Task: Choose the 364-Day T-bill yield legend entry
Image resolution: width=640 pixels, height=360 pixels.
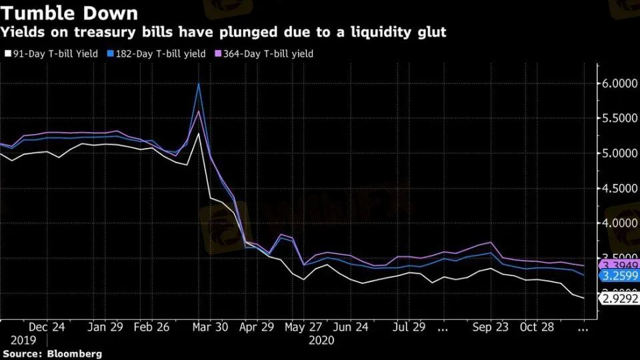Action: click(265, 53)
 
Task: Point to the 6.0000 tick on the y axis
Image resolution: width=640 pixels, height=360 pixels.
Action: click(619, 84)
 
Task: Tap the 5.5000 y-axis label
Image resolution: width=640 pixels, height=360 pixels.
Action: click(619, 119)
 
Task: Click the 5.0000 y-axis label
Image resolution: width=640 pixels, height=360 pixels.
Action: click(619, 153)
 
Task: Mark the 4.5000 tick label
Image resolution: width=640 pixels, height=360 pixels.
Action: click(619, 189)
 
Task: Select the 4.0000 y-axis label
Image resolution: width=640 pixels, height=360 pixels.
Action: click(619, 223)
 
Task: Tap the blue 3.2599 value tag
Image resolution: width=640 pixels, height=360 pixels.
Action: click(619, 275)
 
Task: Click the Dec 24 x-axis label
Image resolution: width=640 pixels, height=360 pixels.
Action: click(47, 328)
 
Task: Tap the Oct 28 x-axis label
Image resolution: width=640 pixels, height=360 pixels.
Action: click(537, 328)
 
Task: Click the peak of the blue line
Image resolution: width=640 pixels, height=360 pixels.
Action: click(199, 83)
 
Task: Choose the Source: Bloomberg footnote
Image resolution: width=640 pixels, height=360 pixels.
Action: click(52, 354)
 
